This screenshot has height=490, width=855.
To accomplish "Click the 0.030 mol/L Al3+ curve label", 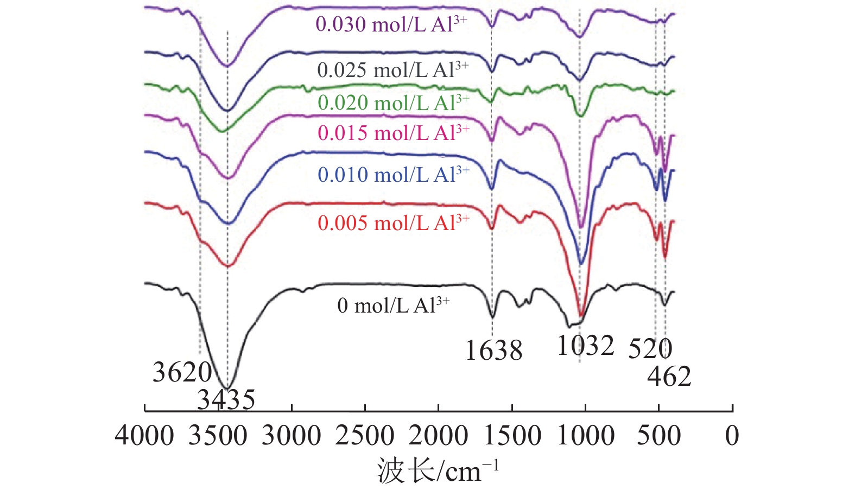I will point(391,24).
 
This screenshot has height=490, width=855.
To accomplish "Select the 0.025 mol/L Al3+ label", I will point(392,70).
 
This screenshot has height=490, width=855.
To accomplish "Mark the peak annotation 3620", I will point(182,372).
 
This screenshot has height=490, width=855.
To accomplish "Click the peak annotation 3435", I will point(226,400).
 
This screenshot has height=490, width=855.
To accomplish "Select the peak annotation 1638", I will point(494,351).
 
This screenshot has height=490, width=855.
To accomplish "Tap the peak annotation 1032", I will point(585,346).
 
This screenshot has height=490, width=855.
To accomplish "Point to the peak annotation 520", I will point(650,349).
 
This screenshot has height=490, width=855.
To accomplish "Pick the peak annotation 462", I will point(669,377).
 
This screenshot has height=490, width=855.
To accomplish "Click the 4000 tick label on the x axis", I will point(144,436).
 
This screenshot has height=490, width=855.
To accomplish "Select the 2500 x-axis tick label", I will point(365,436).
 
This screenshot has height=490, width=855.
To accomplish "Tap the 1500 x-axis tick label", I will point(512,436).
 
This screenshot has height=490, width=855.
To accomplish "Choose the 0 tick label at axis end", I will point(732,436).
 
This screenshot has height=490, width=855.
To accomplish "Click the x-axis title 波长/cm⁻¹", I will point(438,470).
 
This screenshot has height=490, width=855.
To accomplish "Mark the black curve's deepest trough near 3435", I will point(228,386).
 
